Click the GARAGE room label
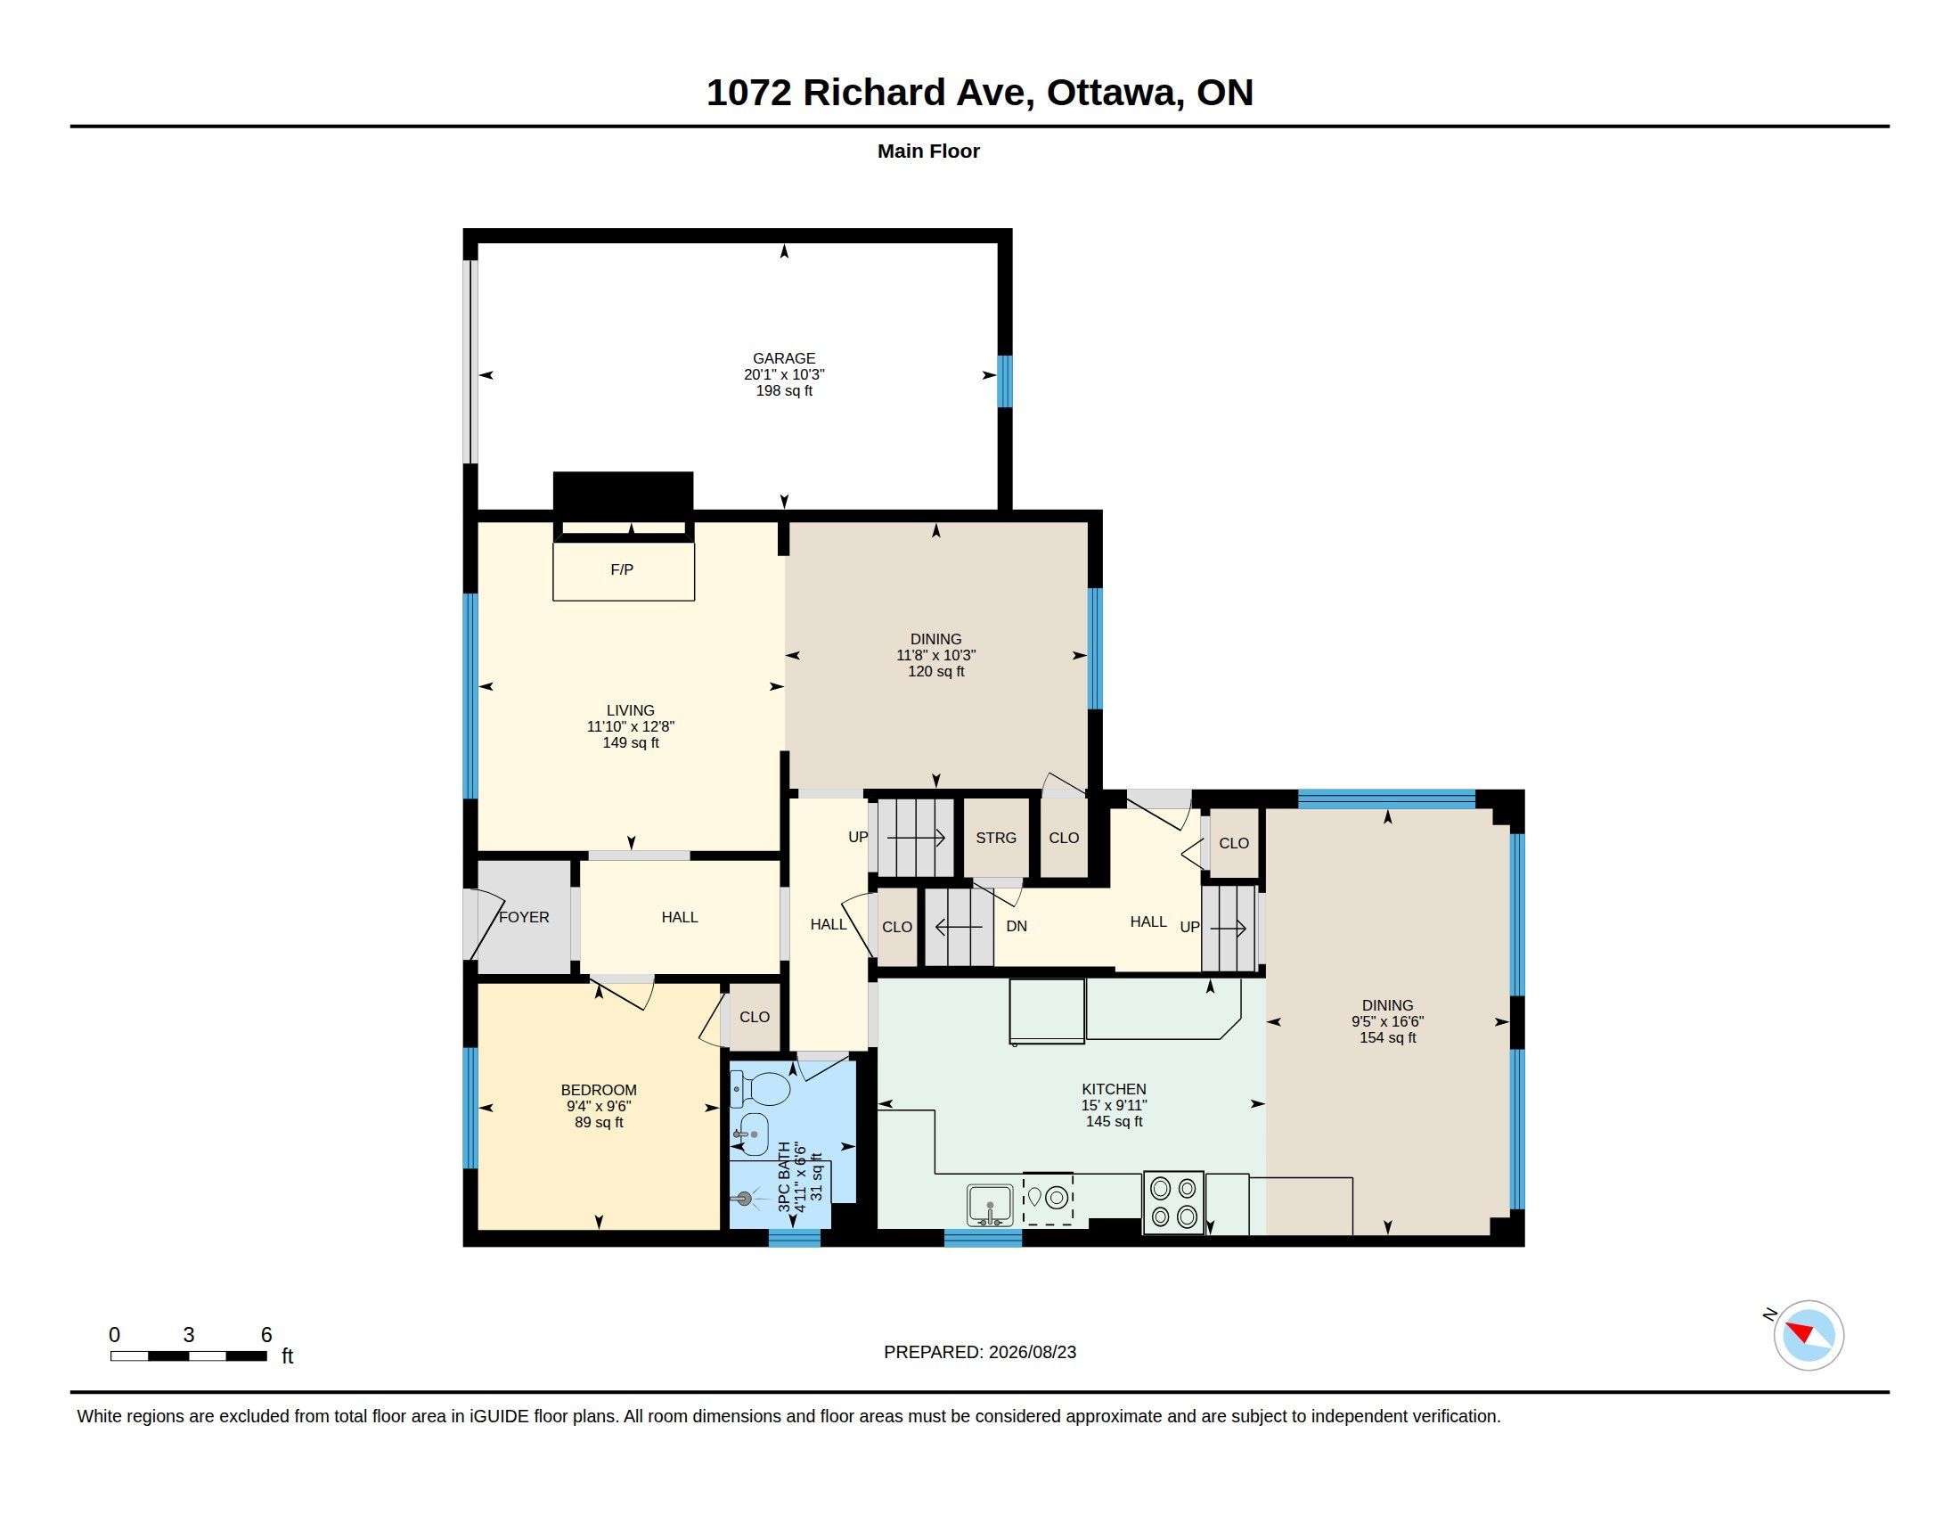tap(783, 358)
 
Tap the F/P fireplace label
tap(622, 569)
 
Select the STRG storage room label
tap(996, 838)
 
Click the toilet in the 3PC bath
tap(760, 1089)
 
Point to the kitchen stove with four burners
tap(1173, 1202)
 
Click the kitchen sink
tap(989, 1205)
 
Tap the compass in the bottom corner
tap(1808, 1335)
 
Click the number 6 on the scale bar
tap(266, 1335)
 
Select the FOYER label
tap(524, 917)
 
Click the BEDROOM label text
tap(599, 1091)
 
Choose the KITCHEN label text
tap(1114, 1090)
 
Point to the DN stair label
tap(1016, 926)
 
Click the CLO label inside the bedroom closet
tap(755, 1017)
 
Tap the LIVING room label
tap(630, 711)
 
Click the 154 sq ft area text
tap(1387, 1038)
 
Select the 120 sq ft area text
tap(936, 671)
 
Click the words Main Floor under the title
tap(928, 151)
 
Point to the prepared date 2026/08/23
tap(1032, 1352)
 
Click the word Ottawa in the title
tap(1112, 94)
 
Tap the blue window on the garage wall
tap(1006, 381)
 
